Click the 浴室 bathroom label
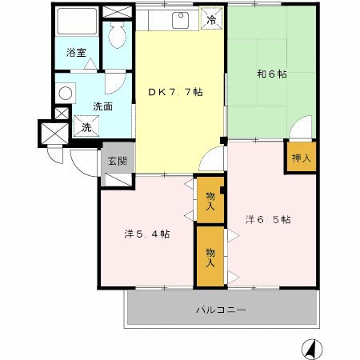point(76,54)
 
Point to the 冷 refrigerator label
point(211,21)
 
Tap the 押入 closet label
point(301,157)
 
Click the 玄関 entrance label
point(117,161)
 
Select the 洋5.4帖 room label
point(146,234)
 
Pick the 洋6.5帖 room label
point(267,219)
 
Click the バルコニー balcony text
point(221,309)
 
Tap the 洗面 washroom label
point(102,106)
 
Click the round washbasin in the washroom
point(65,92)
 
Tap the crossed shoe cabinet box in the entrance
point(117,178)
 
